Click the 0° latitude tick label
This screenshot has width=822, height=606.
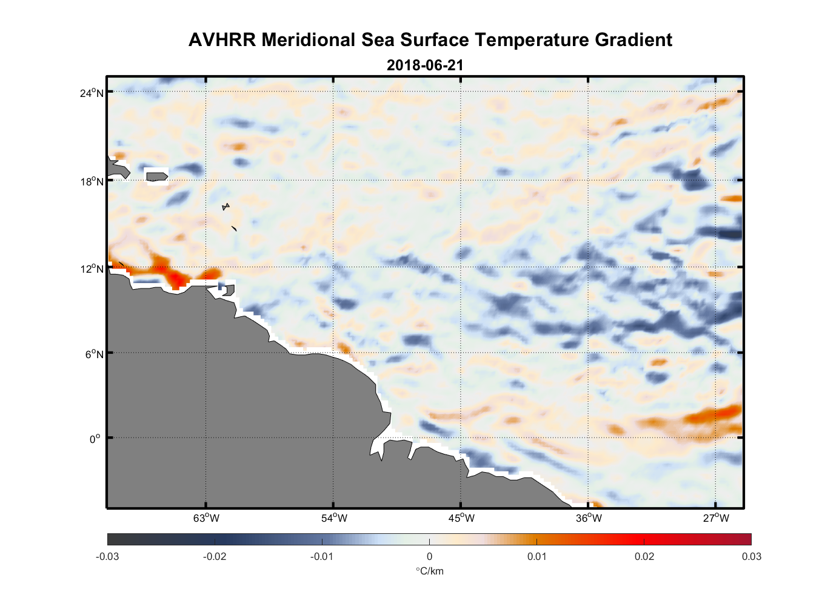point(96,439)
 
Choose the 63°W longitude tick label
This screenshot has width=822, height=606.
point(206,518)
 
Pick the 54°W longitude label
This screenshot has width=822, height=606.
point(333,518)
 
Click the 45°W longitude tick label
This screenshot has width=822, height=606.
point(461,518)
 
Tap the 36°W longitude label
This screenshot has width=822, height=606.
point(588,518)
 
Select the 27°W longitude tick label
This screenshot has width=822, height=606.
point(715,518)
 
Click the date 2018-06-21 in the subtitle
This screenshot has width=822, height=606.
point(425,65)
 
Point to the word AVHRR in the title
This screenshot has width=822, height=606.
point(222,40)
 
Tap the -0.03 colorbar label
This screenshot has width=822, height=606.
point(107,556)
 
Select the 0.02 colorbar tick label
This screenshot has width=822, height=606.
point(644,556)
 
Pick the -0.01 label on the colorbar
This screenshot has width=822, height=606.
point(321,556)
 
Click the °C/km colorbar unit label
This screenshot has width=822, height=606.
point(429,571)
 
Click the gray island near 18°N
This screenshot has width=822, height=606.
point(157,176)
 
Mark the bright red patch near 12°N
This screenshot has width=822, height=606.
point(176,278)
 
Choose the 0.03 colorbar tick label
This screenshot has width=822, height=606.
point(751,556)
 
